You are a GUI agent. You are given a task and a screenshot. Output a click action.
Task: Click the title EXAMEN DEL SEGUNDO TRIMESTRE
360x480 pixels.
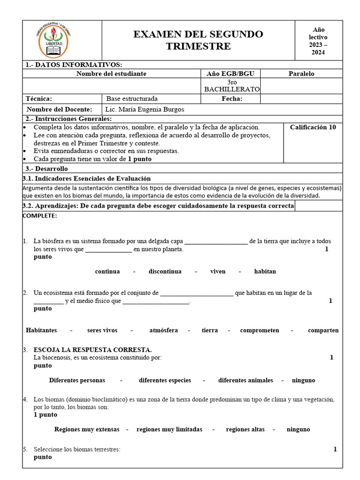(198, 40)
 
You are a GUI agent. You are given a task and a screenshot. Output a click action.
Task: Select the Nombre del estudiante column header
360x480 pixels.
(111, 74)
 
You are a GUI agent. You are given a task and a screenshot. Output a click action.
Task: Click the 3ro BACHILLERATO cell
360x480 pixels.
(230, 86)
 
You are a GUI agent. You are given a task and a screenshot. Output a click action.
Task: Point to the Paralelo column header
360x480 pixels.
(301, 74)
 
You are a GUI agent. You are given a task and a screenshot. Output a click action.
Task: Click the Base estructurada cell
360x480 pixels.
(132, 99)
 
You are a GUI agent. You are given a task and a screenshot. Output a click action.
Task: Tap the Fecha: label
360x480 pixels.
(232, 99)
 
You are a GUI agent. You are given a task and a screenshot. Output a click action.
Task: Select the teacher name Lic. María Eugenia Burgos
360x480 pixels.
(145, 110)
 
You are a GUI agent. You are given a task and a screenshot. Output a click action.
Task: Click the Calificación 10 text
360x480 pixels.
(313, 127)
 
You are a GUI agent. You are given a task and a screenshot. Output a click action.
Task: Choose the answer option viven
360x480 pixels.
(217, 271)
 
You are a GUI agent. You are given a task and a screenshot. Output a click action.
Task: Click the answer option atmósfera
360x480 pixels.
(163, 330)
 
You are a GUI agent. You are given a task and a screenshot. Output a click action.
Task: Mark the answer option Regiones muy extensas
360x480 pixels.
(87, 429)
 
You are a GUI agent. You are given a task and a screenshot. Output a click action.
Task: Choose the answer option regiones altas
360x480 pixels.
(245, 429)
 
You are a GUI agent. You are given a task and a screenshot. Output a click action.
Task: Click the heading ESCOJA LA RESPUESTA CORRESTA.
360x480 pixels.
(92, 350)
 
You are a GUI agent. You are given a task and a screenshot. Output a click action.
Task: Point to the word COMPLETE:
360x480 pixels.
(40, 216)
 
